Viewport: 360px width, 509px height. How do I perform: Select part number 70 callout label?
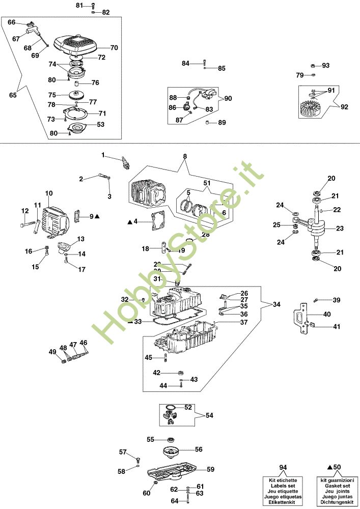coord(114,48)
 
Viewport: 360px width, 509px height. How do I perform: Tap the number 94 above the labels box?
coord(283,467)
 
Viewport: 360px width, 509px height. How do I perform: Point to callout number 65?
coord(13,95)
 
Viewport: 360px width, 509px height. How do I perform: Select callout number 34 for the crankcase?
coord(276,304)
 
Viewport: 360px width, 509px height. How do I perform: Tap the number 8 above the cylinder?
coord(185,156)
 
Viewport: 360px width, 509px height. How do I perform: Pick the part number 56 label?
coord(199,449)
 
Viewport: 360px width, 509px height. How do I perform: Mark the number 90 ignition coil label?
coord(227,98)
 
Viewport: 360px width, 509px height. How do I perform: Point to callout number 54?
coord(210,415)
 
